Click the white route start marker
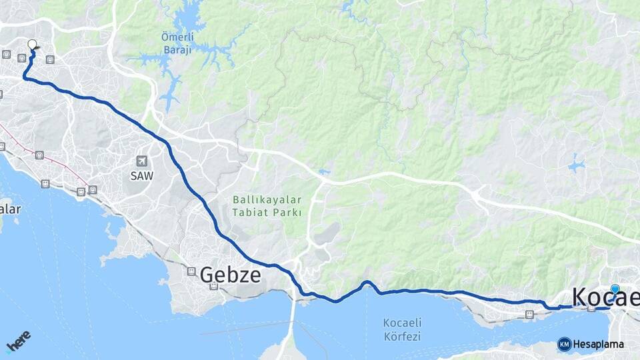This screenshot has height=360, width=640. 32,45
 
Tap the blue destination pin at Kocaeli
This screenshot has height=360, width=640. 615,289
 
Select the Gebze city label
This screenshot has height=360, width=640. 230,274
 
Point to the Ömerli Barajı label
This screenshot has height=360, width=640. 177,42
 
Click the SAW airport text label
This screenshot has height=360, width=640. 141,176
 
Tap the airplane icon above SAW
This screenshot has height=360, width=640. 141,161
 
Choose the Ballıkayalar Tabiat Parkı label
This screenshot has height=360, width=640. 267,206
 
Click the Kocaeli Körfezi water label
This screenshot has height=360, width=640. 402,329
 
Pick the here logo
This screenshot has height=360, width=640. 18,342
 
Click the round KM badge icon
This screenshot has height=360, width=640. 564,344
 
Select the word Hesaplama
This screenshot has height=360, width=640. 599,345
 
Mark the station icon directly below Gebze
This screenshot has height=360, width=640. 213,287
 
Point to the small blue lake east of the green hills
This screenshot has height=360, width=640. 576,164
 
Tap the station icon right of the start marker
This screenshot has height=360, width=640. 50,59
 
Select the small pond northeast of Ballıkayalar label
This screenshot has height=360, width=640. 323,173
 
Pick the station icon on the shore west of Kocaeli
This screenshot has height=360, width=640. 529,314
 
